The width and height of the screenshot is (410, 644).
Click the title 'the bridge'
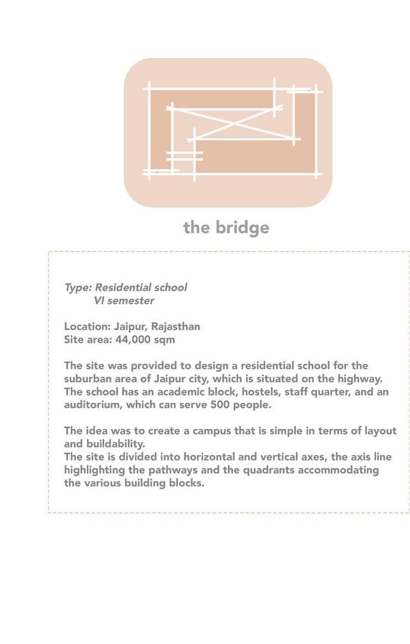coord(226,227)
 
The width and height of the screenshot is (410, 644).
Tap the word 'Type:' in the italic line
coord(78,287)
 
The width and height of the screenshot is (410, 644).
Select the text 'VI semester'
coord(124,301)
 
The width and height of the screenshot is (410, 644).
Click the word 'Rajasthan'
coord(176,326)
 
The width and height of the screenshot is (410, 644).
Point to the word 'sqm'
coord(165,339)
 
